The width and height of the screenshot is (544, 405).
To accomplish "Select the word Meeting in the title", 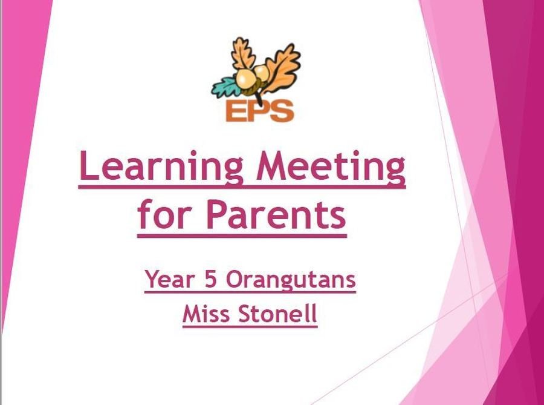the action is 331,167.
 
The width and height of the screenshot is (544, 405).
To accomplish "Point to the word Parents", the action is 276,216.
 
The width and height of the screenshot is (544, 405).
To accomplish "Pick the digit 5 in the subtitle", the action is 210,279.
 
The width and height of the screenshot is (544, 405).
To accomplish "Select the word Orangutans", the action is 291,280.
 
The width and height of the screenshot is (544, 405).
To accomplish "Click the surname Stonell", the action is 278,314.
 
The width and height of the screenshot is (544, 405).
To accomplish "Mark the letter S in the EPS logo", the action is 282,111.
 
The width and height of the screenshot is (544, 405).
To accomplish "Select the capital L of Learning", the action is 90,166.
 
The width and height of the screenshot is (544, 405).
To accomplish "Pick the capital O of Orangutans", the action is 236,279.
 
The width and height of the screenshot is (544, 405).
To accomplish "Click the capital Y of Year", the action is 154,279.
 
